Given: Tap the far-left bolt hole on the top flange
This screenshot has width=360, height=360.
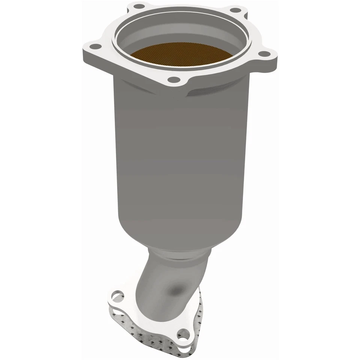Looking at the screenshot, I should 96,46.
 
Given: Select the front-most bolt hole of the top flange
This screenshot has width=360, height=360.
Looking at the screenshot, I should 173,79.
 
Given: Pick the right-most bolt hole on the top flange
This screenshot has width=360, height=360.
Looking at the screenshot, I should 265,54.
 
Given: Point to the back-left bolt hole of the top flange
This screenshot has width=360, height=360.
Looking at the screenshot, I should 139,6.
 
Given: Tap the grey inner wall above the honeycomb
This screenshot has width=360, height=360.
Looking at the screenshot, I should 180,36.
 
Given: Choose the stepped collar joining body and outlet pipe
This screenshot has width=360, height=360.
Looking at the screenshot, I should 176,255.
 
